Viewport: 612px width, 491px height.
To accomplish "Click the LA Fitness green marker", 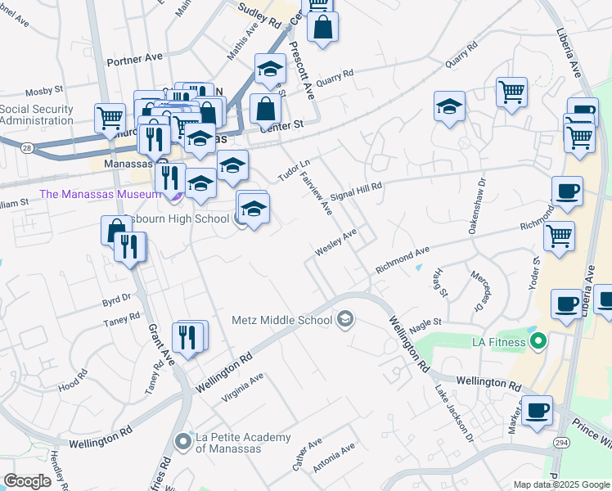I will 538,340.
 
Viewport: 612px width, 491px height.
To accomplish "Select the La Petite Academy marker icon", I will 182,442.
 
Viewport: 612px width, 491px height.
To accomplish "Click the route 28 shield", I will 28,147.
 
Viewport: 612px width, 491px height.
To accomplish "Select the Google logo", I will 28,481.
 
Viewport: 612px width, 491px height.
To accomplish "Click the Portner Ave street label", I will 135,61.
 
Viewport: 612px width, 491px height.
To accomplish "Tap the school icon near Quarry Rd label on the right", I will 449,106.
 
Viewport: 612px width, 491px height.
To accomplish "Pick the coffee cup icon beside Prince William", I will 537,411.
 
